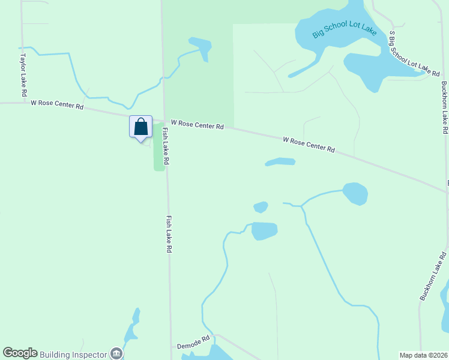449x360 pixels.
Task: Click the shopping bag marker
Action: (140, 127)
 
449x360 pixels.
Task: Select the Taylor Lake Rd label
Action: (23, 76)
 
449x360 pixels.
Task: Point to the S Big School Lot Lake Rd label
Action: (414, 54)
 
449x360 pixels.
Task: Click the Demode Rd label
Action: (193, 342)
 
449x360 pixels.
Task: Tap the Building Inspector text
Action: (75, 353)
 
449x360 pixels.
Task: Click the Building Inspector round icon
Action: (116, 353)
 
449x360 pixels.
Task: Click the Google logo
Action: (20, 353)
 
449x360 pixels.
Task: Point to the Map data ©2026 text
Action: (423, 355)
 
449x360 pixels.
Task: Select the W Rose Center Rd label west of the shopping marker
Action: (57, 106)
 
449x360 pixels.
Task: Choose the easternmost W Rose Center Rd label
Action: (309, 144)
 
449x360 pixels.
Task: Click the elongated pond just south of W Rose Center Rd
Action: (280, 161)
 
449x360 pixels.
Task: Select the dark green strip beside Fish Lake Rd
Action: (158, 147)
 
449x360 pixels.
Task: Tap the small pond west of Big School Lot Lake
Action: (201, 46)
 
